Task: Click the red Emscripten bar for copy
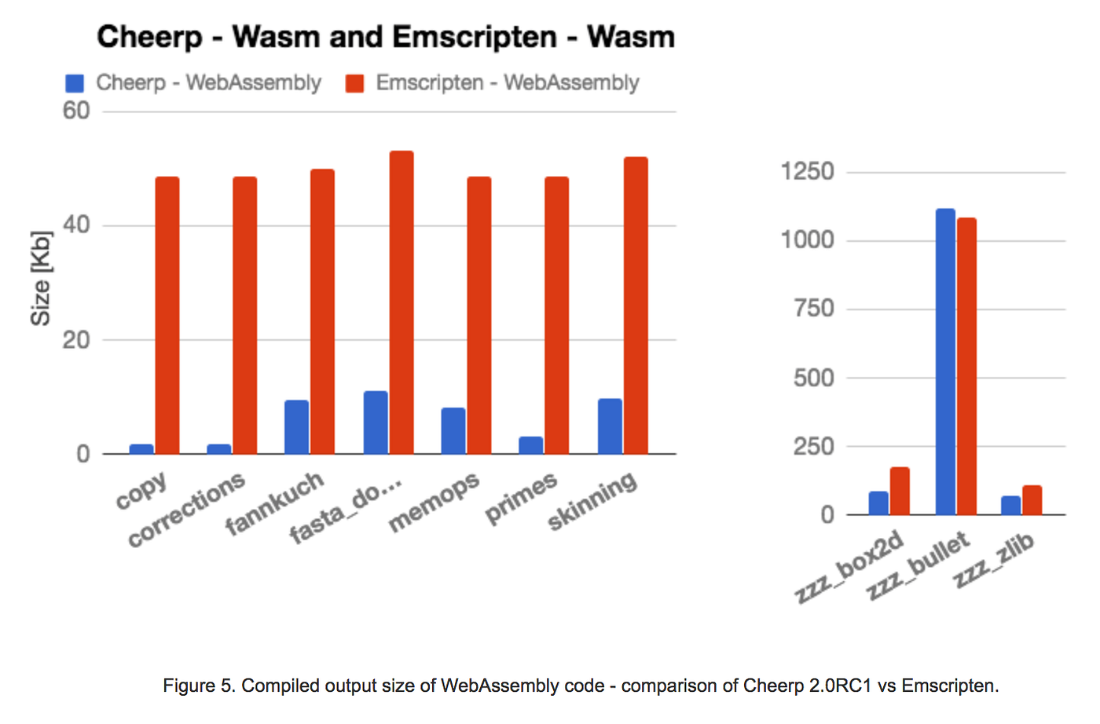point(167,315)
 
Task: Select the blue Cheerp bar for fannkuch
point(296,427)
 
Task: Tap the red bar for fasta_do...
point(401,302)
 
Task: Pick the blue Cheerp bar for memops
point(453,431)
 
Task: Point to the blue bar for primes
point(530,445)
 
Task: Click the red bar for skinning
point(635,305)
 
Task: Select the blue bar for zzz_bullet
point(945,362)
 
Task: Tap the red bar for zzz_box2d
point(900,492)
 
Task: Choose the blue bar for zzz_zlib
point(1010,506)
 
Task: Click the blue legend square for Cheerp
point(75,83)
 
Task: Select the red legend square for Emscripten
point(354,83)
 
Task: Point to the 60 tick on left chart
point(76,111)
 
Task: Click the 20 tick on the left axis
point(76,340)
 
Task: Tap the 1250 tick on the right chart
point(807,171)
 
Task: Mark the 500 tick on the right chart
point(813,378)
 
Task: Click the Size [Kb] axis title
point(40,278)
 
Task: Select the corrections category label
point(186,510)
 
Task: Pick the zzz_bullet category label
point(918,565)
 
